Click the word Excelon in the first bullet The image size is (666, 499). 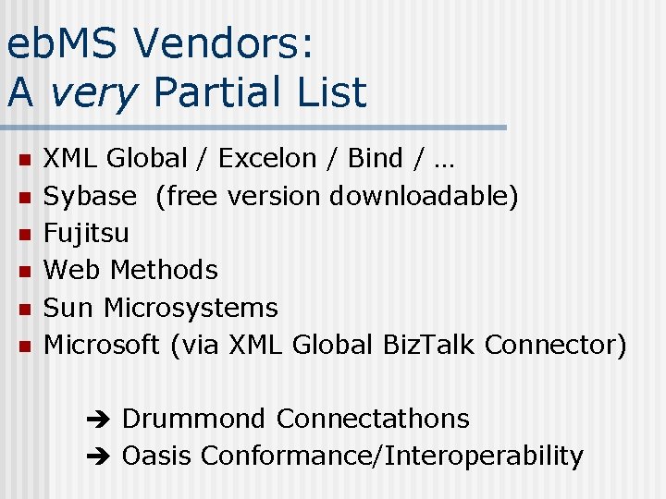(x=266, y=159)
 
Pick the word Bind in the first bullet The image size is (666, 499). (x=375, y=159)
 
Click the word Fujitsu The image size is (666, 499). (x=87, y=233)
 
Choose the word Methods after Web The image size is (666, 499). (x=164, y=270)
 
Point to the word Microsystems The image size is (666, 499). (x=191, y=308)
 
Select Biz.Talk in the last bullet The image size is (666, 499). (x=429, y=345)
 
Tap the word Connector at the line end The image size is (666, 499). (x=555, y=345)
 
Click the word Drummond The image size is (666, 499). (x=193, y=419)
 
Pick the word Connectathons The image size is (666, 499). (x=372, y=419)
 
